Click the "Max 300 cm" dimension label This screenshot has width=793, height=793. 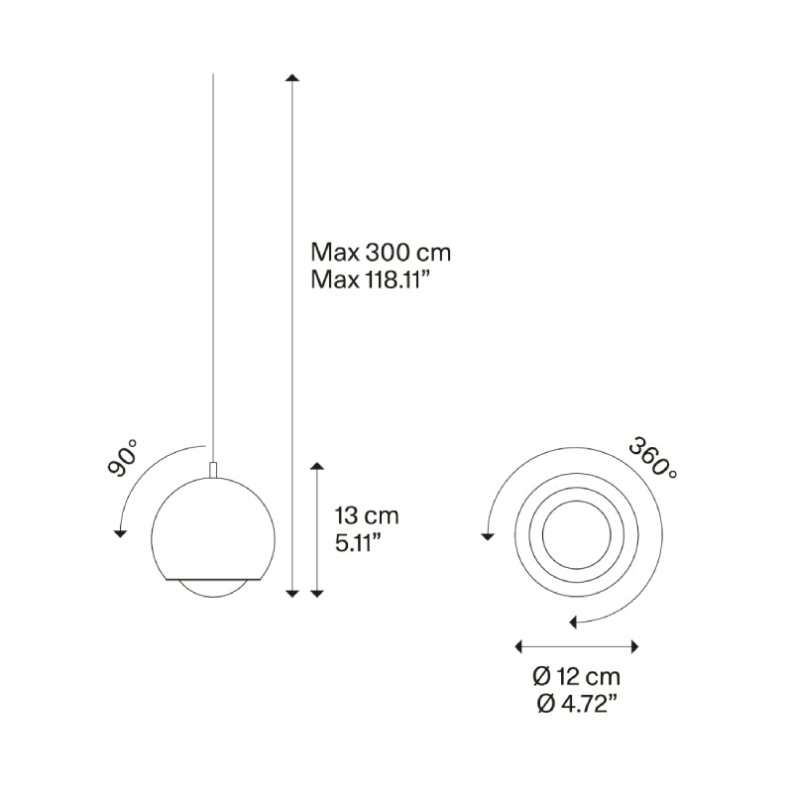click(381, 253)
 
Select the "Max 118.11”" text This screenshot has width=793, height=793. click(373, 280)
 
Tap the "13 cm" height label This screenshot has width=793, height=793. click(367, 515)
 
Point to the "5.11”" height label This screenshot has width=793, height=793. click(358, 543)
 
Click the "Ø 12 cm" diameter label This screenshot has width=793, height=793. click(577, 677)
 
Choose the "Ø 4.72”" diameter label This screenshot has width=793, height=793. click(577, 704)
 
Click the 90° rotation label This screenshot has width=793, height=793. click(123, 458)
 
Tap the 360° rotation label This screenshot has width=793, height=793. click(653, 459)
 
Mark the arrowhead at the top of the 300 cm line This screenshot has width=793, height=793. click(291, 77)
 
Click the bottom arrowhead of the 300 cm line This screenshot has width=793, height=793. click(291, 594)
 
